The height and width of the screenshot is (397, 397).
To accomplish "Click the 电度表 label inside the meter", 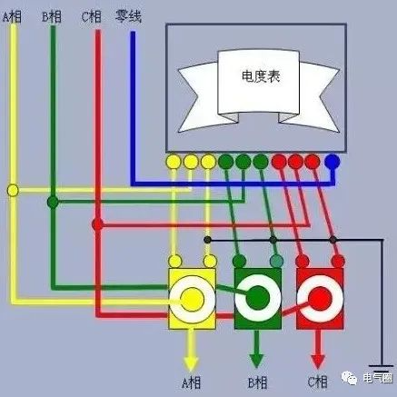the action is coord(261,76).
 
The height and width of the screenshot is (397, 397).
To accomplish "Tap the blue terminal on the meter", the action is coord(332,162).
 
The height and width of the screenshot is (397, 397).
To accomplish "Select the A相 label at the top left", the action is coord(12,16).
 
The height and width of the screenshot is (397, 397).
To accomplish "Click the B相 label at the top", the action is coord(52,16).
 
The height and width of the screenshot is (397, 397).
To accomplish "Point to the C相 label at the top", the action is coord(91,16).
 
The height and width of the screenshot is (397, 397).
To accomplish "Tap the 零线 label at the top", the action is coord(128,16).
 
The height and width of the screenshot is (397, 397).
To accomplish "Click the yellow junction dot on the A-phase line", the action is coord(13,191).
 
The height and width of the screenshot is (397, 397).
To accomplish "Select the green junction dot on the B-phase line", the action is coord(53,202).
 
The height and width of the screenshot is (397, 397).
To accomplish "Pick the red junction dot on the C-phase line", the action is coord(97,224).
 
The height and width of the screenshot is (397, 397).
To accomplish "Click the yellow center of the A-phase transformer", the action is coord(192,299).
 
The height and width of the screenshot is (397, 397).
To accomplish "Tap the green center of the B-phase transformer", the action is coord(258,298).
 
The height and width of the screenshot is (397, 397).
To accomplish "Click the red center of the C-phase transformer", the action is coord(320,299).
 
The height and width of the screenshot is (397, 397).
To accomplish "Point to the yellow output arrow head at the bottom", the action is coord(191,362).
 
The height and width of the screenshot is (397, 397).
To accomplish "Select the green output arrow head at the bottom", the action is coord(257,361).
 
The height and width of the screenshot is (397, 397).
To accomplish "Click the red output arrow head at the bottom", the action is coord(318,361).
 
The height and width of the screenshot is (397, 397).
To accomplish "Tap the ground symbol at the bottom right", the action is coord(382,368).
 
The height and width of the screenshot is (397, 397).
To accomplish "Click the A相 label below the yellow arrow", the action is coord(191,382).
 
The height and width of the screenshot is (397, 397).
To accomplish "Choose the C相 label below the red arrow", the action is coord(318,382).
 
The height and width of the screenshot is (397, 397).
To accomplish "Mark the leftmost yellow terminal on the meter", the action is coord(174,162).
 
